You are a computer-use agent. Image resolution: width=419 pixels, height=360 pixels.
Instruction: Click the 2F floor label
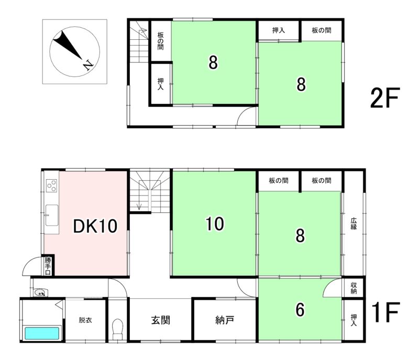click(384, 98)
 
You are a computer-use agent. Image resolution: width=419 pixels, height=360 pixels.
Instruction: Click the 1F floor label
click(385, 312)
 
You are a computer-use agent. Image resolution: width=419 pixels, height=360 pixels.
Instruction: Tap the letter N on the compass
click(87, 65)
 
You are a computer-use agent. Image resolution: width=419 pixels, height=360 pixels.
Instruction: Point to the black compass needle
click(67, 44)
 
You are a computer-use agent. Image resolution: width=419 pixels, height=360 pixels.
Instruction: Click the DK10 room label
click(95, 226)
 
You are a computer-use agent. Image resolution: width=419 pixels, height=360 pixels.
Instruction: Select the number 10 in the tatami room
click(215, 223)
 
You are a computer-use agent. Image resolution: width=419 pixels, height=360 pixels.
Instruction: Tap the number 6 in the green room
click(300, 310)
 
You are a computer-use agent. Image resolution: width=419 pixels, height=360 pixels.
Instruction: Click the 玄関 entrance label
click(161, 320)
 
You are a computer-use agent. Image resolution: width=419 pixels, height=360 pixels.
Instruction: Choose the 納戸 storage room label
click(225, 320)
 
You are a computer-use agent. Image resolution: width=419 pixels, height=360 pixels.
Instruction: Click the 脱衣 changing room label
click(85, 320)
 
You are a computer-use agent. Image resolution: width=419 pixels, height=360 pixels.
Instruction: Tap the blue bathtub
click(42, 333)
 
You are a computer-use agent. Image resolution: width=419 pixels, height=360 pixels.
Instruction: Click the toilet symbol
click(117, 329)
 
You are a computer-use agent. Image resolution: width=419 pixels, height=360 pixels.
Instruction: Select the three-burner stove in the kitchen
click(51, 186)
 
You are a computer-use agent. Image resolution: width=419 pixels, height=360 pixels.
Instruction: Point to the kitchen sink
click(51, 215)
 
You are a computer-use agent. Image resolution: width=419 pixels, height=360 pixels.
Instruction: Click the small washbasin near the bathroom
click(41, 292)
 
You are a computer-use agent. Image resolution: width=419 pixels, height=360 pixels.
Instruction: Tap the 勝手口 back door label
click(48, 266)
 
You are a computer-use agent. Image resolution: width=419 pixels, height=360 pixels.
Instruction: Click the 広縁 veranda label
click(354, 224)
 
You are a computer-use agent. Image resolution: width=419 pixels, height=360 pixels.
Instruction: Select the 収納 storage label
click(354, 288)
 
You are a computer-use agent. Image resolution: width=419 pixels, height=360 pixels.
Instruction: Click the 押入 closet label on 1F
click(354, 320)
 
